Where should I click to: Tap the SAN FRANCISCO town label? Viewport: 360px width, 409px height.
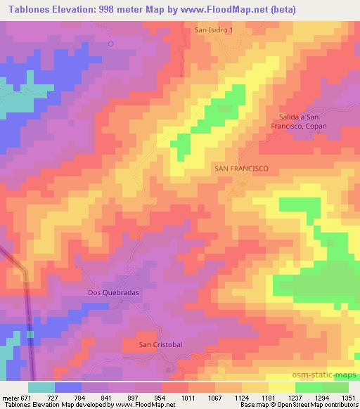tap(241, 169)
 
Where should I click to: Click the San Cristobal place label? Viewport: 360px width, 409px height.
tap(161, 344)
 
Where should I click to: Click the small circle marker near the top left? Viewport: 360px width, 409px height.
tap(110, 44)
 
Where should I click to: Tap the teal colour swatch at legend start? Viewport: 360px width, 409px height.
tap(41, 387)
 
